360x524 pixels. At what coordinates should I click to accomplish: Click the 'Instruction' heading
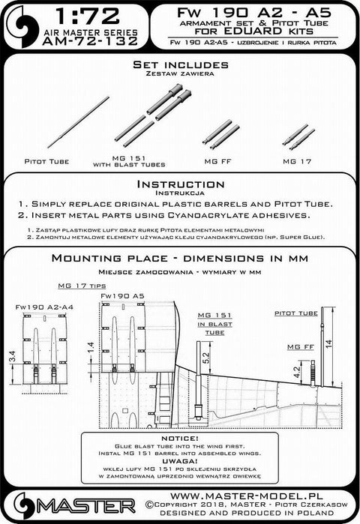pos(179,184)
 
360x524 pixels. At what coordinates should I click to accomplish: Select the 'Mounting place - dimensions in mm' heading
pos(179,259)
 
